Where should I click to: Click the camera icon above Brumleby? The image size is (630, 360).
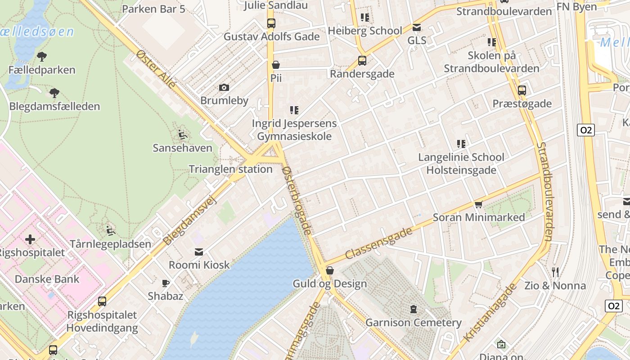tap(224, 87)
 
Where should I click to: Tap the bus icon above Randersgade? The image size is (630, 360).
tap(362, 60)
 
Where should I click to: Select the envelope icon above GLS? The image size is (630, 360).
tap(417, 27)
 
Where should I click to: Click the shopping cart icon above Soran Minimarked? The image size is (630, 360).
tap(479, 204)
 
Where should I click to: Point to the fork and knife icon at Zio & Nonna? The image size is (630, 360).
tap(555, 272)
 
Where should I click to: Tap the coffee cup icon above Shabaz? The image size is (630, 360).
tap(166, 283)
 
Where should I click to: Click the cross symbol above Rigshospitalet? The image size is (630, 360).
tap(30, 239)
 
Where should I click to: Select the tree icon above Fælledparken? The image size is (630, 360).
tap(42, 57)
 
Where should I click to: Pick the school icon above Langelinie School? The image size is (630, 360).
tap(461, 144)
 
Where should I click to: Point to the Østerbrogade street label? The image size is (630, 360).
tap(297, 200)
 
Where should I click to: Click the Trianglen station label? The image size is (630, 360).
tap(230, 169)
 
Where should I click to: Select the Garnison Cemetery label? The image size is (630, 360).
tap(413, 322)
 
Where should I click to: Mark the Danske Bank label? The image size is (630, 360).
tap(47, 279)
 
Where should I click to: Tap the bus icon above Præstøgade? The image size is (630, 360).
tap(522, 90)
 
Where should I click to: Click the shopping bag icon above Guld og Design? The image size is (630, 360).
tap(330, 270)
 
